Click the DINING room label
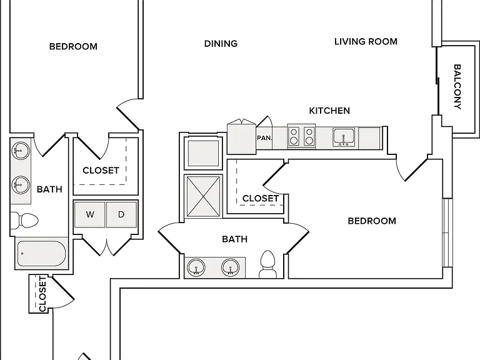pos(221,44)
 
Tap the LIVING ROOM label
pos(366,41)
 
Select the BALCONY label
pos(457,87)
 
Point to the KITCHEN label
pos(329,111)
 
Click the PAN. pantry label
pos(264,138)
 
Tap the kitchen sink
pos(344,137)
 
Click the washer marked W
pos(90,214)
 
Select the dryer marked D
pos(121,214)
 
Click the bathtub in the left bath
pos(41,253)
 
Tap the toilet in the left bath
pos(24,221)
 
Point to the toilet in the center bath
pos(267,264)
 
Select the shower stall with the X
pos(203,196)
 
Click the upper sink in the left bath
pos(21,151)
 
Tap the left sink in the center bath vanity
pos(196,267)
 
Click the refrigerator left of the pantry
pos(241,137)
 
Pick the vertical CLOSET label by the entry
pos(42,294)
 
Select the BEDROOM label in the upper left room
pos(73,46)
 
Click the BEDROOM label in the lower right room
pos(372,221)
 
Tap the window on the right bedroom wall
pos(447,233)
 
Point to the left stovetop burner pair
pos(294,136)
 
